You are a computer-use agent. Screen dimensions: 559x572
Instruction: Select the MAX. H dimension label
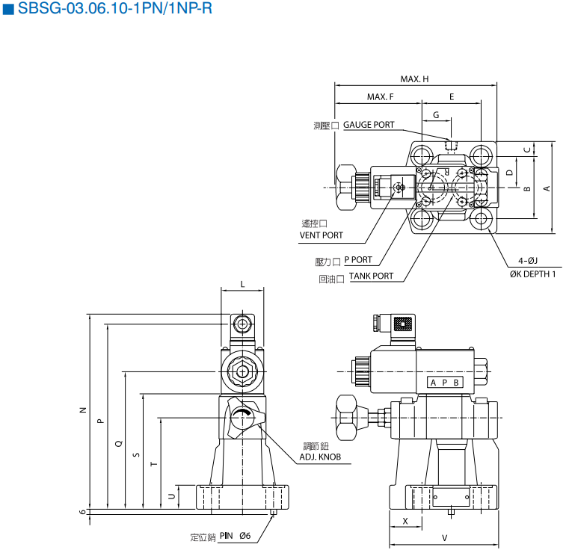(414, 79)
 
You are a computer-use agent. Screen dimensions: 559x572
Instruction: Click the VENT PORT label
(322, 235)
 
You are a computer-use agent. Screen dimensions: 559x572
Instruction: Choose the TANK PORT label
(371, 277)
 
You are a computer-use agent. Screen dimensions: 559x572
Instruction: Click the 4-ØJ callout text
(528, 261)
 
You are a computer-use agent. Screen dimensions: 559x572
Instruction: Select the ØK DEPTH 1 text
(532, 274)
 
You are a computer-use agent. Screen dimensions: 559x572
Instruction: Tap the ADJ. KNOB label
(320, 457)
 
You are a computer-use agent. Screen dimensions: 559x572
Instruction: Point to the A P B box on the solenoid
(445, 383)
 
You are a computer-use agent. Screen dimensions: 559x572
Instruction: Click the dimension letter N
(83, 410)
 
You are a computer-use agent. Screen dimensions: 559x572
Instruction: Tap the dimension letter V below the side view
(444, 538)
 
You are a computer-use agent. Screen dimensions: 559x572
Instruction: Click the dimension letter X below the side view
(405, 520)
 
